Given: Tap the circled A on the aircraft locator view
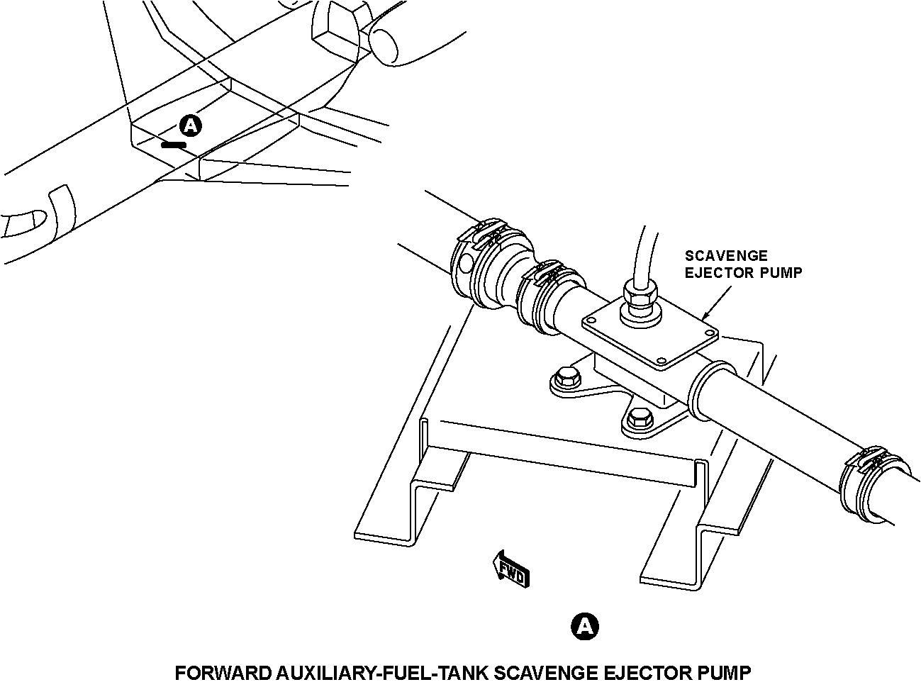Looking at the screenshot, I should click(x=190, y=125).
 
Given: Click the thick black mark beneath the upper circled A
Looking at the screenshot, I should click(x=174, y=145).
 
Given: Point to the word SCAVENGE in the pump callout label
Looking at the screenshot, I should click(x=725, y=256).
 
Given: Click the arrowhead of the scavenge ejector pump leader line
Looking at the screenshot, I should click(x=703, y=318).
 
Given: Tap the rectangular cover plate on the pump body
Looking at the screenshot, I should click(x=649, y=333).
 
